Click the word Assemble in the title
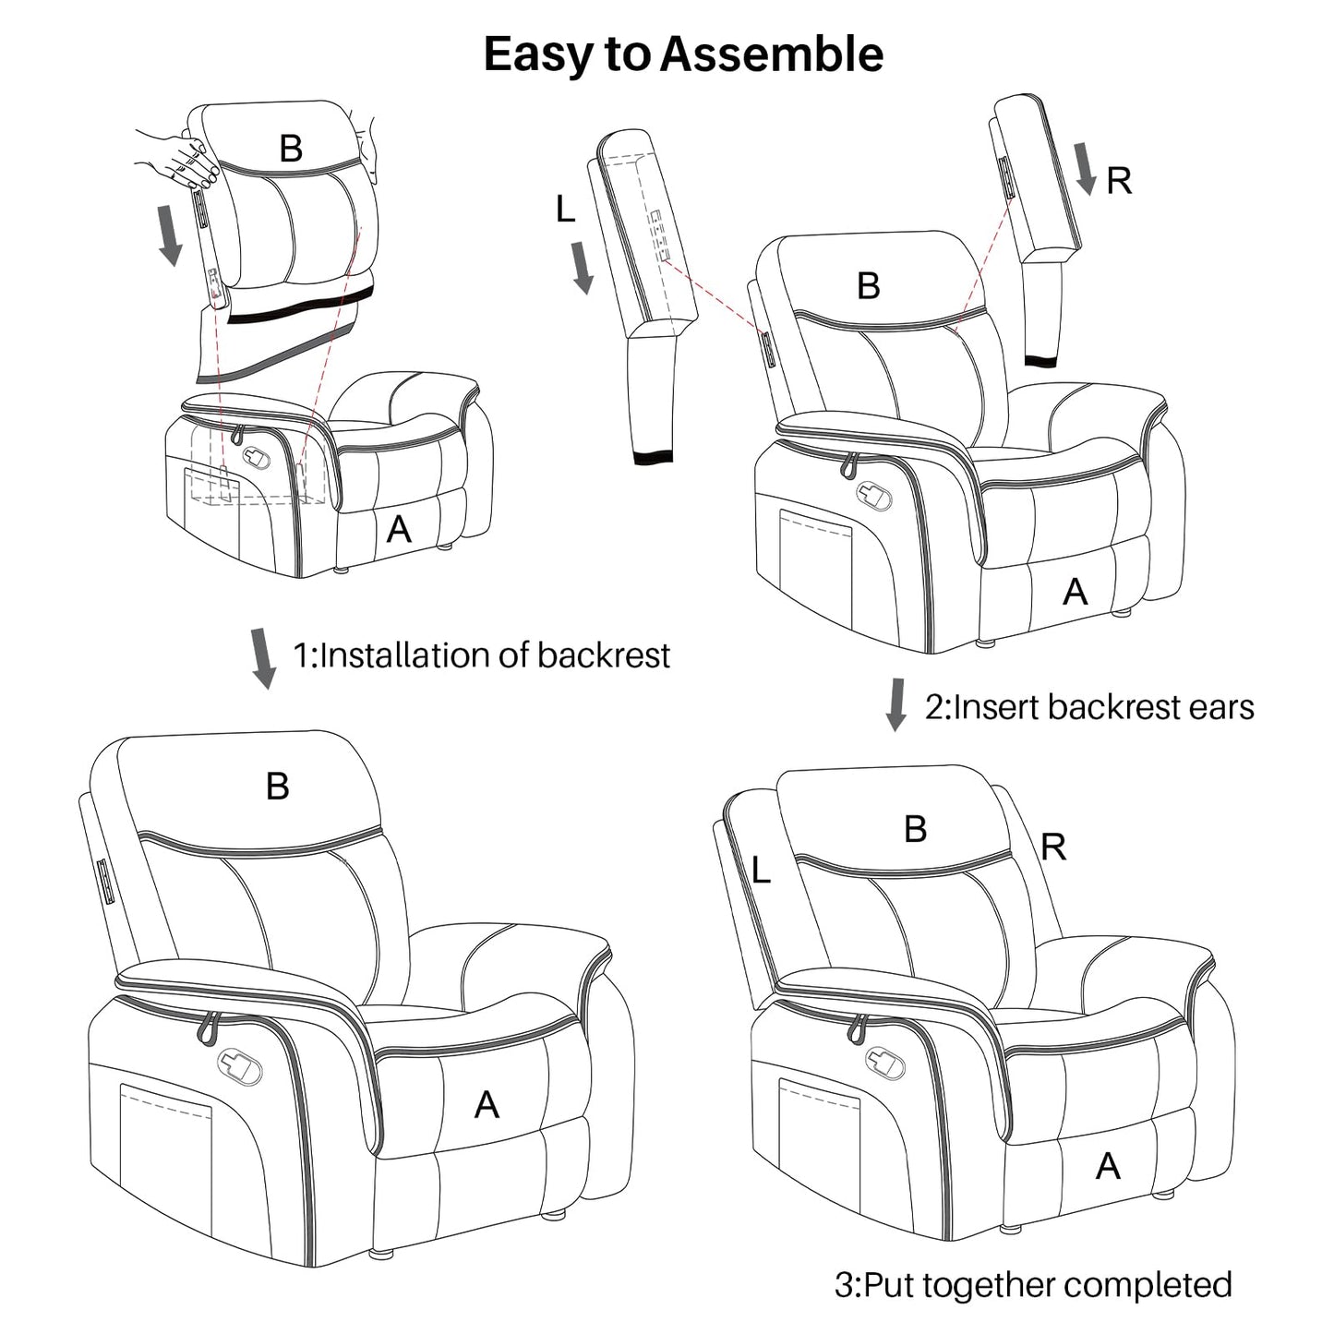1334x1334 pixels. coord(772,54)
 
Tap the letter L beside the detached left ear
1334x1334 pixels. coord(565,210)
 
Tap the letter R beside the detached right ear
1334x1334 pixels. coord(1119,181)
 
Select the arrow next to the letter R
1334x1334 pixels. coord(1087,169)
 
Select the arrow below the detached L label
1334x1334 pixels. coord(583,267)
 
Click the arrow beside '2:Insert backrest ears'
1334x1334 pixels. coord(895,704)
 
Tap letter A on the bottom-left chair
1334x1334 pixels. coord(487,1104)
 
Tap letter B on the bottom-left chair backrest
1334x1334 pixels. coord(277,787)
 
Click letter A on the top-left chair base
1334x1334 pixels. coord(398,529)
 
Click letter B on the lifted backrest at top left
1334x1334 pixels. coord(291,149)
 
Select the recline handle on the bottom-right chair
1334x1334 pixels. coord(882,1062)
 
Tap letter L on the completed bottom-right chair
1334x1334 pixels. coord(761,870)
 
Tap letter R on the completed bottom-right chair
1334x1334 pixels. coord(1053,847)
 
